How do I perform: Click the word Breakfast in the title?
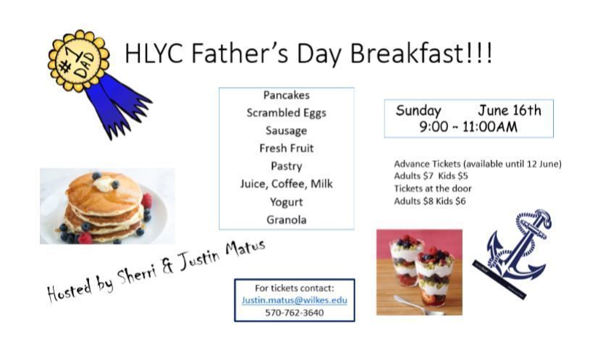pyautogui.click(x=421, y=53)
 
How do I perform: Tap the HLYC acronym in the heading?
pyautogui.click(x=153, y=53)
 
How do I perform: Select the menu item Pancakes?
pyautogui.click(x=287, y=95)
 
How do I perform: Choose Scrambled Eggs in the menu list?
pyautogui.click(x=287, y=113)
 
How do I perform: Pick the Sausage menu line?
pyautogui.click(x=287, y=131)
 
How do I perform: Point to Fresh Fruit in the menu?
pyautogui.click(x=287, y=148)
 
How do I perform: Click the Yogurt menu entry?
pyautogui.click(x=287, y=202)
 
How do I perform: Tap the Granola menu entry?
pyautogui.click(x=287, y=219)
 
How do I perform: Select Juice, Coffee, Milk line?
pyautogui.click(x=287, y=184)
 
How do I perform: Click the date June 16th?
pyautogui.click(x=510, y=111)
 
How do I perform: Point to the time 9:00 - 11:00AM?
pyautogui.click(x=468, y=127)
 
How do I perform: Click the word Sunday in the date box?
pyautogui.click(x=418, y=111)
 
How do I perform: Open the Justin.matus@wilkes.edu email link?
pyautogui.click(x=294, y=300)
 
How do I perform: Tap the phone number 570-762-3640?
pyautogui.click(x=294, y=313)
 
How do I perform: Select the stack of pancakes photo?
pyautogui.click(x=107, y=206)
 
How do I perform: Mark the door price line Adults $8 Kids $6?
pyautogui.click(x=429, y=201)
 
